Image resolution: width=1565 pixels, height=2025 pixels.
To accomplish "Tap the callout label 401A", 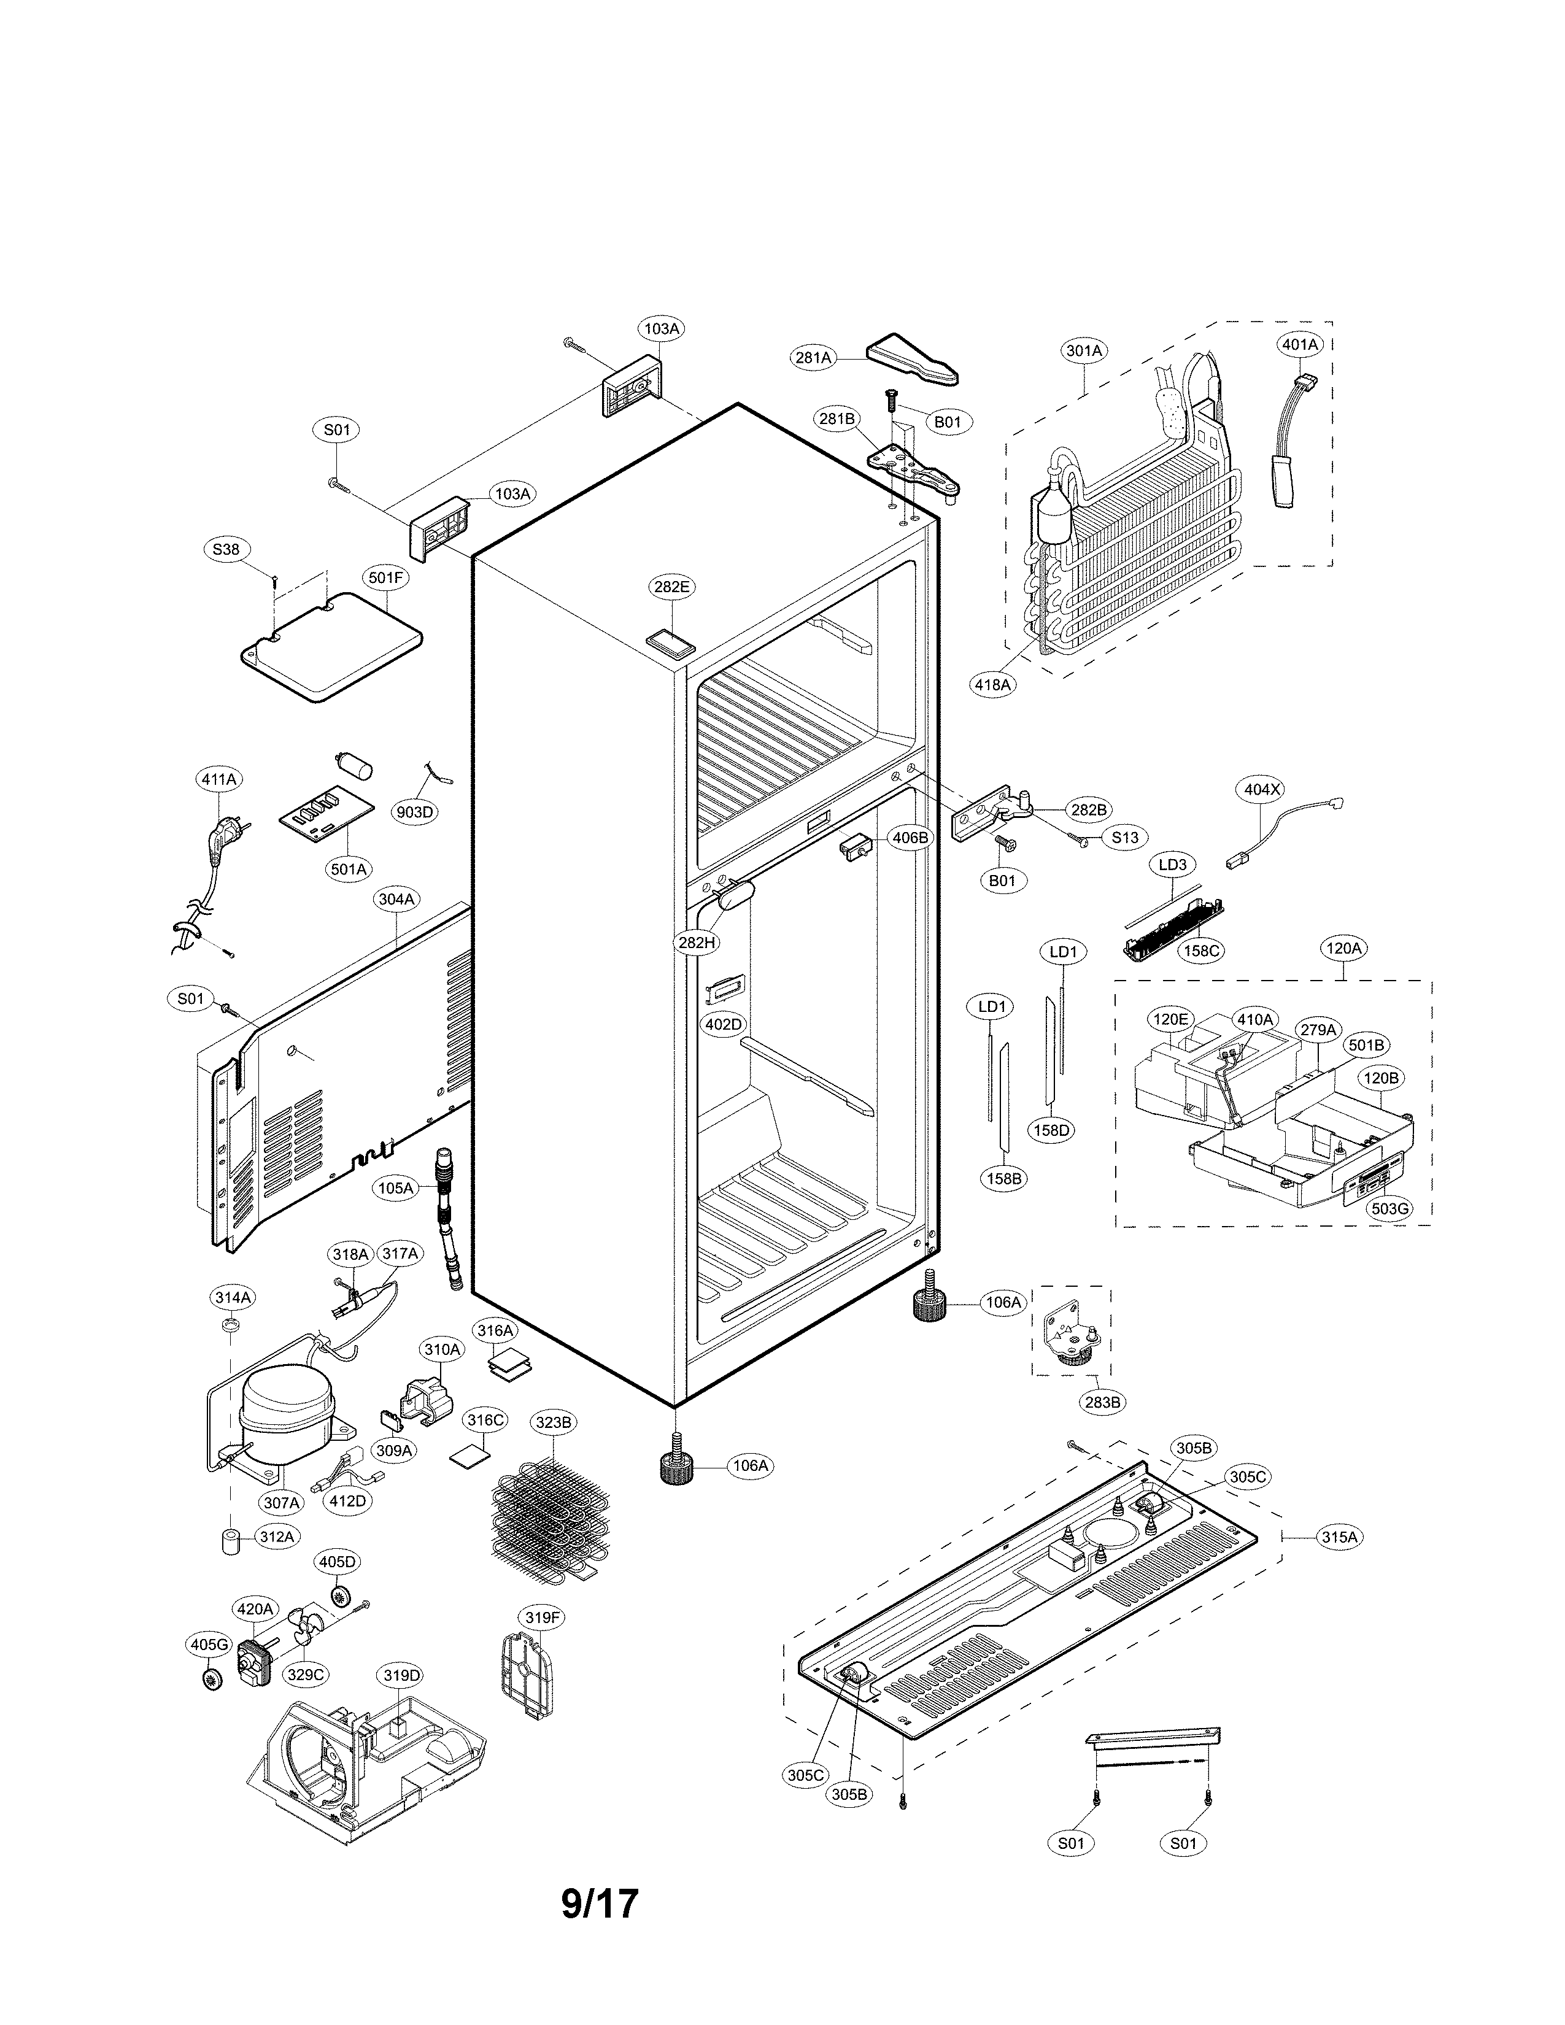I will pyautogui.click(x=1300, y=344).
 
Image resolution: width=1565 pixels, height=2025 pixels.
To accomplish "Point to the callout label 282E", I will pyautogui.click(x=671, y=587).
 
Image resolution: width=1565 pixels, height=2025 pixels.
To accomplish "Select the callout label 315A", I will pyautogui.click(x=1339, y=1537).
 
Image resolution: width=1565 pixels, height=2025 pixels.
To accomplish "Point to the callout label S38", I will pyautogui.click(x=225, y=549).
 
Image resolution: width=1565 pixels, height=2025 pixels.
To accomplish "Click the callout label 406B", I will pyautogui.click(x=910, y=837).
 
